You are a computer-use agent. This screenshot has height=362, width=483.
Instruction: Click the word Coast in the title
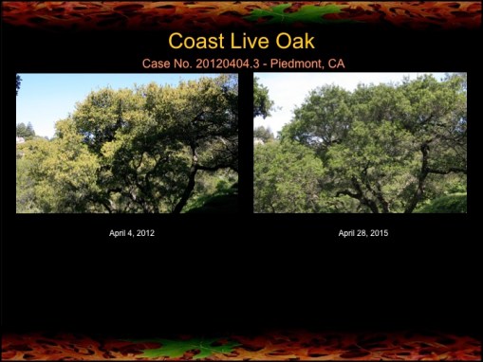pos(194,42)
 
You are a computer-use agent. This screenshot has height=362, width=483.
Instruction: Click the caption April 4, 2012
pos(132,233)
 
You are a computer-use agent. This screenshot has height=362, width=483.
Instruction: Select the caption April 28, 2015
pos(363,233)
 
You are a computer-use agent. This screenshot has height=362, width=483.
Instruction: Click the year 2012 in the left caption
pos(145,233)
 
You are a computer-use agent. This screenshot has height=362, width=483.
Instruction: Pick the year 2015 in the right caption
pos(379,233)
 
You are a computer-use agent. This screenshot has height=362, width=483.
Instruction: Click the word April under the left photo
pos(118,233)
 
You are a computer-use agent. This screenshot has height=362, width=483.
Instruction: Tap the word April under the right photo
pos(347,233)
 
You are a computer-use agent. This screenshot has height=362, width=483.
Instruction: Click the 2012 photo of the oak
pos(127,143)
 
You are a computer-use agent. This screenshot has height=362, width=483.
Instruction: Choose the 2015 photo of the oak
pos(360,143)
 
